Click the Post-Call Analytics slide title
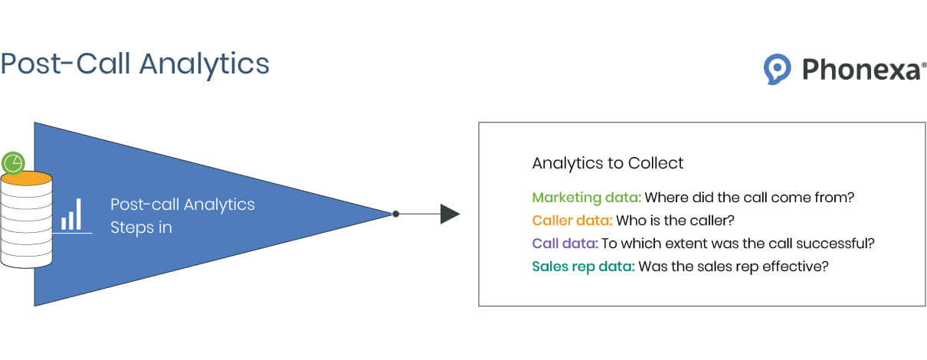tap(135, 64)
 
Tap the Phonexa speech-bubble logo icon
tap(777, 69)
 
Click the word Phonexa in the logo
tap(861, 69)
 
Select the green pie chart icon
tap(13, 163)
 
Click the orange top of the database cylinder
tap(27, 178)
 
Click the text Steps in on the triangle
tap(141, 227)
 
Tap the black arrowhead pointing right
tap(450, 214)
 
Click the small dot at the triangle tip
tap(395, 214)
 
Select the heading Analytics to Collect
tap(608, 163)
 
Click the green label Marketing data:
tap(586, 198)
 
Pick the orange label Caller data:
tap(572, 220)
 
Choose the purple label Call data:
tap(565, 244)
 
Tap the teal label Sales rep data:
tap(583, 267)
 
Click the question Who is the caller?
tap(675, 220)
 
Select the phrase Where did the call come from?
tap(749, 198)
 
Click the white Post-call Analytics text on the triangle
tap(182, 205)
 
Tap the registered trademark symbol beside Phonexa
tap(924, 65)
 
